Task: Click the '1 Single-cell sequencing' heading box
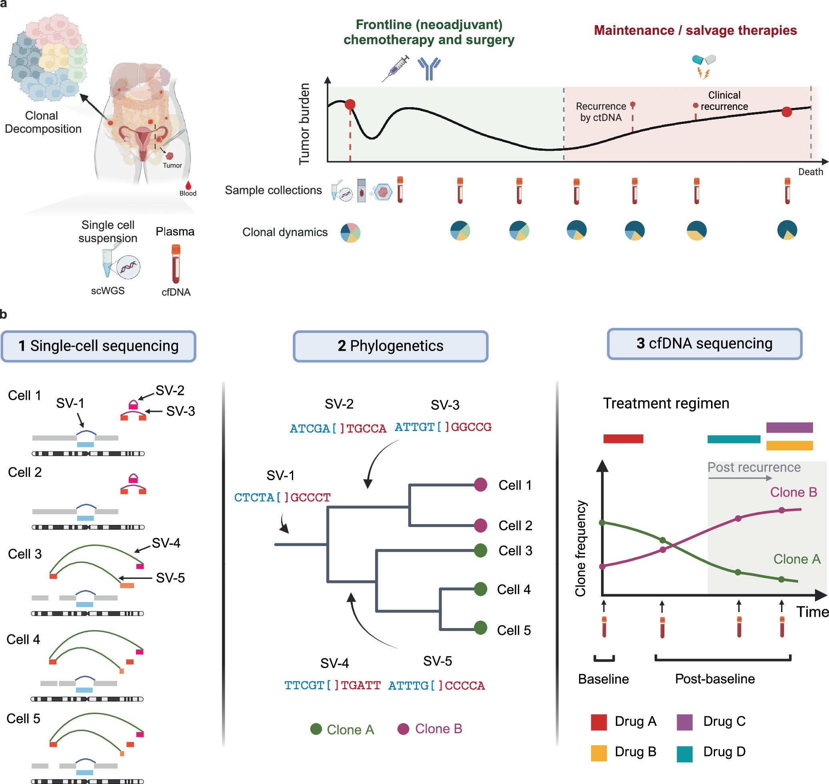pyautogui.click(x=98, y=346)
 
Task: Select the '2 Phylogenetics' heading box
pyautogui.click(x=390, y=346)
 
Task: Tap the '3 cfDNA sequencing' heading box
pyautogui.click(x=704, y=343)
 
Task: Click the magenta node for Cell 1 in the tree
pyautogui.click(x=480, y=485)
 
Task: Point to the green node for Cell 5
pyautogui.click(x=480, y=628)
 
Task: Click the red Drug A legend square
pyautogui.click(x=599, y=722)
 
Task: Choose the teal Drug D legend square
pyautogui.click(x=684, y=754)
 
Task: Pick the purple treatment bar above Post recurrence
pyautogui.click(x=789, y=427)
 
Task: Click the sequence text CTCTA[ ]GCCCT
pyautogui.click(x=282, y=497)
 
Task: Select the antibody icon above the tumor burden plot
pyautogui.click(x=429, y=68)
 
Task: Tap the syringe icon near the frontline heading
pyautogui.click(x=396, y=68)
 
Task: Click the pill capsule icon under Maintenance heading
pyautogui.click(x=703, y=60)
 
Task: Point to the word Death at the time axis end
pyautogui.click(x=810, y=172)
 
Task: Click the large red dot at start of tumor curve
pyautogui.click(x=350, y=104)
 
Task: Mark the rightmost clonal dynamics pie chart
pyautogui.click(x=787, y=230)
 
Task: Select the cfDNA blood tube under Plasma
pyautogui.click(x=176, y=264)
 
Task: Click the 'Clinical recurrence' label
pyautogui.click(x=724, y=101)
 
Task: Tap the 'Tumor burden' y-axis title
pyautogui.click(x=304, y=124)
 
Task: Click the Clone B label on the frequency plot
pyautogui.click(x=793, y=492)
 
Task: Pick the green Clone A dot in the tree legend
pyautogui.click(x=316, y=729)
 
